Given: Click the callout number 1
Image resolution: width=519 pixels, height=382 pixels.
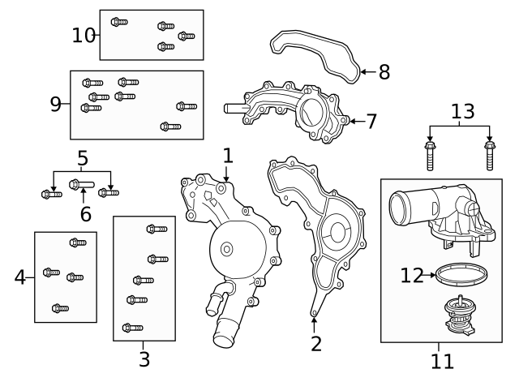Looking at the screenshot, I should point(228,155).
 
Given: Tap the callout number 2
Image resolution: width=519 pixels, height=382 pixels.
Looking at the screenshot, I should point(316,343).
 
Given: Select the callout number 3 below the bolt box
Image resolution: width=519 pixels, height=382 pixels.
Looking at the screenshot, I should point(144,358).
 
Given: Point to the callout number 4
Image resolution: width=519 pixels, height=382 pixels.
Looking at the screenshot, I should point(20,277).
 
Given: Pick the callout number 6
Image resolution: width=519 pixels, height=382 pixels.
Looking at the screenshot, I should point(85,214).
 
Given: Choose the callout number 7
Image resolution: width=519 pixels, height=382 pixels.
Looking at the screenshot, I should point(371,122).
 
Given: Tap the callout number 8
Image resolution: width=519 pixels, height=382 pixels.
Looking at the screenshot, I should point(384,72).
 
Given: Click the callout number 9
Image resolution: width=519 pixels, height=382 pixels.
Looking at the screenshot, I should point(56,104).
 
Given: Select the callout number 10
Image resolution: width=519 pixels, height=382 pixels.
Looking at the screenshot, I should point(84,35).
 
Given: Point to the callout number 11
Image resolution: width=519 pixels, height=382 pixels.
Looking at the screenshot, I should point(441,358).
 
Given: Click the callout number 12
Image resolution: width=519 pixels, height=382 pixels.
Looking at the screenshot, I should point(412,276).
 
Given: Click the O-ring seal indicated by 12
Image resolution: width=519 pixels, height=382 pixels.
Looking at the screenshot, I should point(459,274).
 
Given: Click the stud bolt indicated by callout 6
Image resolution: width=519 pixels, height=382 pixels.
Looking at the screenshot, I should point(82,184).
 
